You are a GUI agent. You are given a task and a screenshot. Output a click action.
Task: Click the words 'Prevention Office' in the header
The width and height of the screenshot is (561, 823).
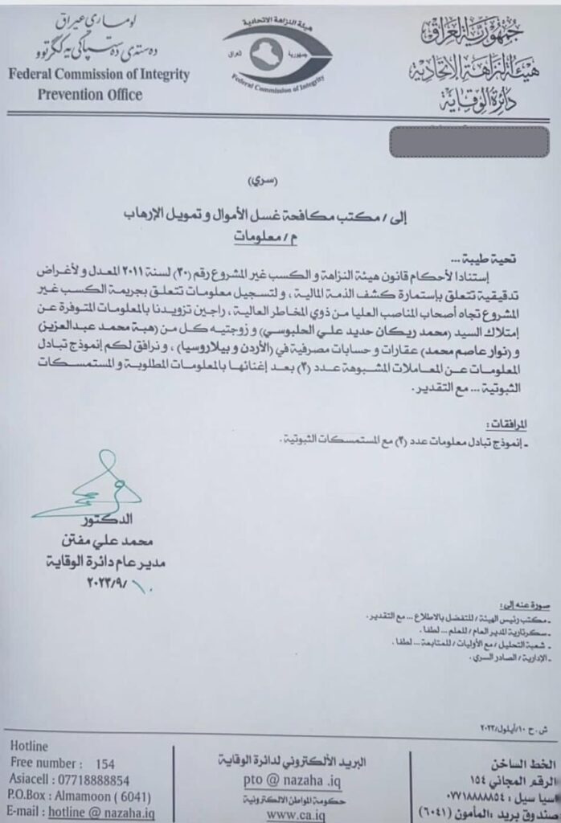point(89,95)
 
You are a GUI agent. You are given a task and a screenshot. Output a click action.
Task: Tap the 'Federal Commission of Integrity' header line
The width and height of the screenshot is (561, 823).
point(99,76)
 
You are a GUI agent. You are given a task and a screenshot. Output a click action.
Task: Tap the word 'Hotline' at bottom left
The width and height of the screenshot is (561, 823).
point(31,746)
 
